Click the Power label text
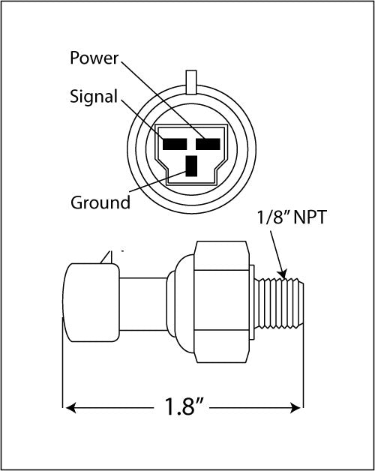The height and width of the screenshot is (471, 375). pyautogui.click(x=94, y=58)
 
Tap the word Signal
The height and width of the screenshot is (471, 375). pyautogui.click(x=93, y=97)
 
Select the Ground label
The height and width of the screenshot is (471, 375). pyautogui.click(x=100, y=202)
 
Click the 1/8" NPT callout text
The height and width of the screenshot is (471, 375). pyautogui.click(x=291, y=219)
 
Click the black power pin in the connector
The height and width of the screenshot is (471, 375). pyautogui.click(x=207, y=142)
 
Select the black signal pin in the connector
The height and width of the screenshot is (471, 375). pyautogui.click(x=174, y=142)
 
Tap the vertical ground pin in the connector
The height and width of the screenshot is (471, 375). pyautogui.click(x=191, y=164)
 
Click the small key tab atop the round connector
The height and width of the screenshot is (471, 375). pyautogui.click(x=190, y=79)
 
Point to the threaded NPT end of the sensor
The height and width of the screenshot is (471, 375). pyautogui.click(x=283, y=302)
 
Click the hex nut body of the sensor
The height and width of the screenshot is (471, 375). pyautogui.click(x=221, y=302)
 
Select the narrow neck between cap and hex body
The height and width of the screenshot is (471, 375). pyautogui.click(x=142, y=302)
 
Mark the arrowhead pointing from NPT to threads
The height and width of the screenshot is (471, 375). pyautogui.click(x=283, y=271)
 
